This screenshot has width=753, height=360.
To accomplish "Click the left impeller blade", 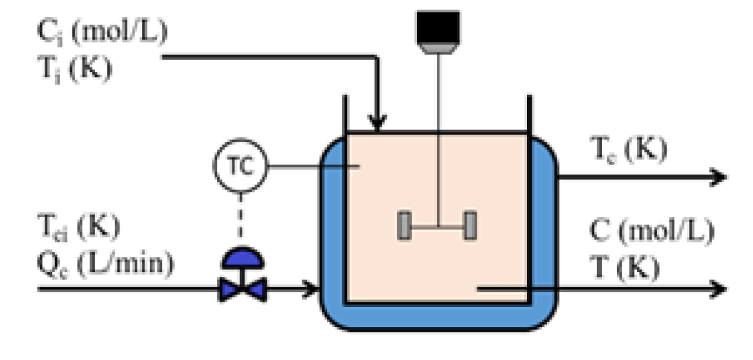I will [x=405, y=227].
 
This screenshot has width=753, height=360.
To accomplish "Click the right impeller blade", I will [x=470, y=227].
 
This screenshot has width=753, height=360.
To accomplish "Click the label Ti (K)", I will [x=73, y=69].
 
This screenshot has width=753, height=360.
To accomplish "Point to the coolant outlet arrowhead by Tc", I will [x=717, y=177].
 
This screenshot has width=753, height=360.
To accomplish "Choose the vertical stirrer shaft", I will [x=438, y=137].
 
